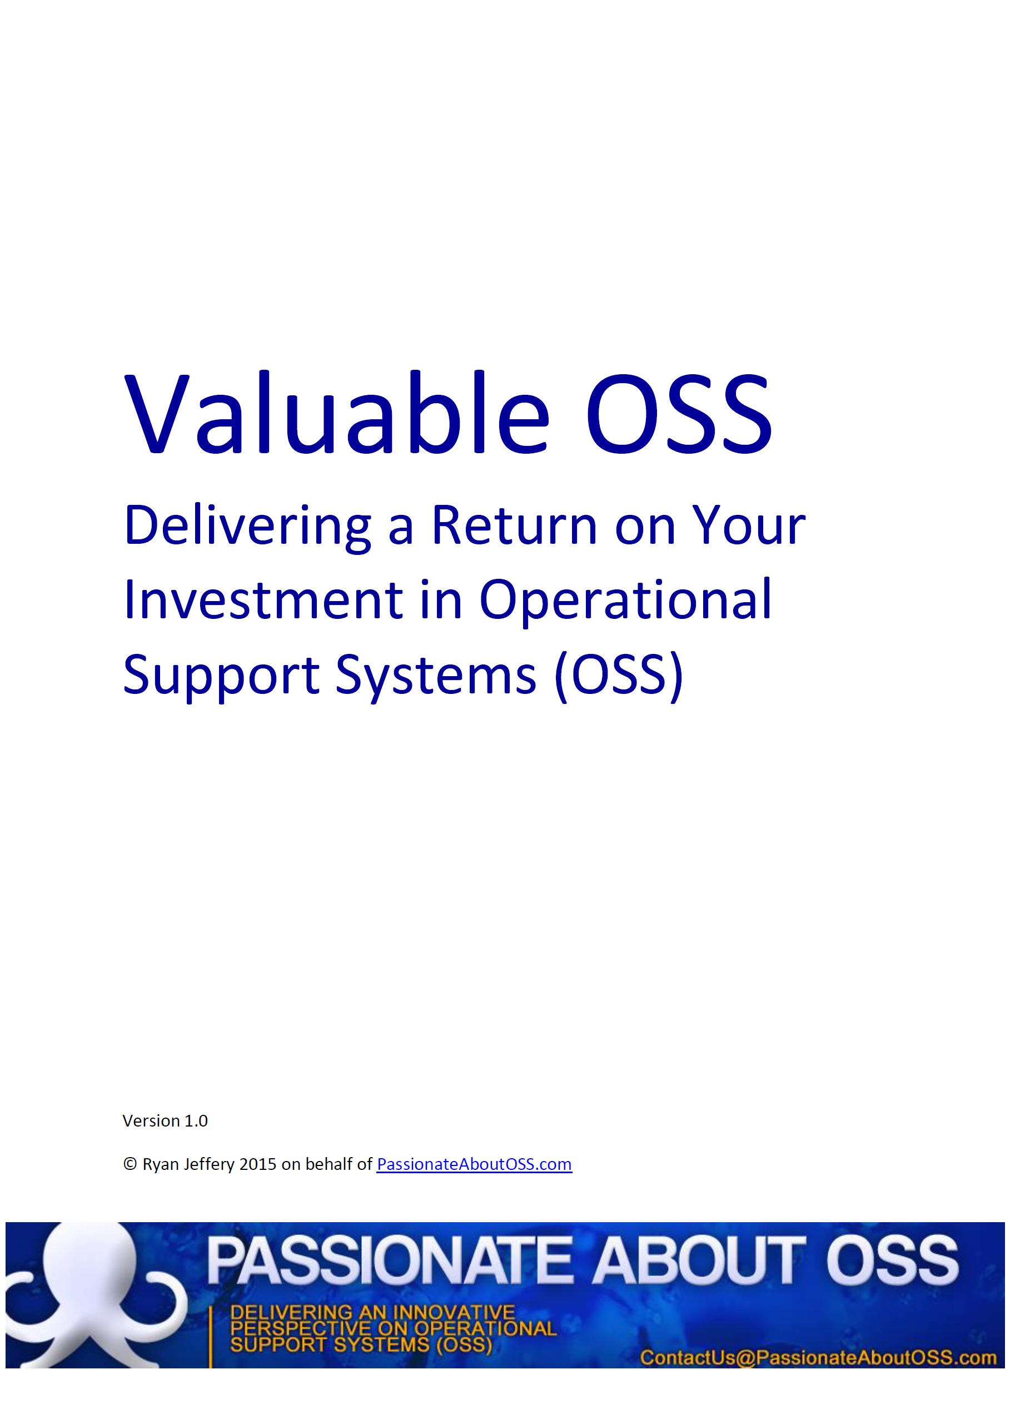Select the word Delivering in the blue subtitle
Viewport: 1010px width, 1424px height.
coord(247,527)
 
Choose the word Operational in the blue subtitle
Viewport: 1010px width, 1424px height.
coord(626,601)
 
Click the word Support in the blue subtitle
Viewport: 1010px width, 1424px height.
coord(221,676)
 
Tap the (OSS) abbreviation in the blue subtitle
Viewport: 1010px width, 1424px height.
coord(619,676)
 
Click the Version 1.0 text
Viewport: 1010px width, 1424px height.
coord(165,1121)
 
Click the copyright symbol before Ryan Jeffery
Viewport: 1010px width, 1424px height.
coord(130,1164)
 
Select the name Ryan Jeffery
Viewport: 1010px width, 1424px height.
coord(188,1164)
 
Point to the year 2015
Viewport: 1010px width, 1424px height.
coord(258,1164)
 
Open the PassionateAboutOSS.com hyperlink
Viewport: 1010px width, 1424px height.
coord(475,1164)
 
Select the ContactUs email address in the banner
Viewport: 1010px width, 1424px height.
coord(818,1357)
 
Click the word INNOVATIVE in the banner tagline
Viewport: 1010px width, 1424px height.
coord(454,1312)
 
